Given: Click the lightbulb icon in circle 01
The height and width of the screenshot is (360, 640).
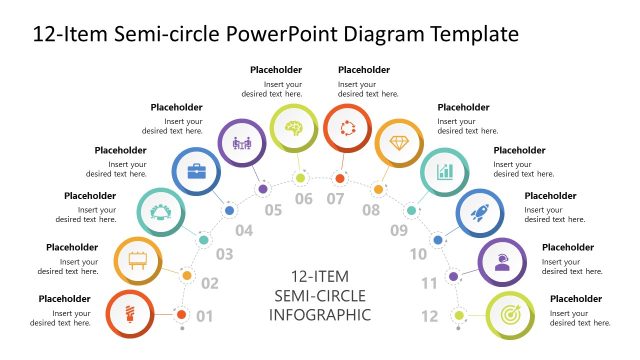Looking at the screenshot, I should [x=129, y=313].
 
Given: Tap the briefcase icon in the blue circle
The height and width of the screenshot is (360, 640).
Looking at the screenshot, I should [x=197, y=171].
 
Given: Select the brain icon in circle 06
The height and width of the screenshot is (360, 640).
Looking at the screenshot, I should [x=294, y=128].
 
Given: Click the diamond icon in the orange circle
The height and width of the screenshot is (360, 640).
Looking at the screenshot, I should [x=398, y=143].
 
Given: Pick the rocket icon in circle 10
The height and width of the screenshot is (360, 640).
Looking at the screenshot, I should [x=478, y=212].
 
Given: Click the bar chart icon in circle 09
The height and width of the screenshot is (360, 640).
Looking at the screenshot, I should [x=443, y=171].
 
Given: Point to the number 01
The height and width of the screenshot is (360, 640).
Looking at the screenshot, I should [x=205, y=317].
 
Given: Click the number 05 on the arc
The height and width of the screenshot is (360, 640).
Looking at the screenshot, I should [x=273, y=210].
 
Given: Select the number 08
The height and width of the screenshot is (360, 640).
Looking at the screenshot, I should [x=370, y=210].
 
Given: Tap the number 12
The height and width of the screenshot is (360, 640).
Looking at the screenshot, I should [x=430, y=317].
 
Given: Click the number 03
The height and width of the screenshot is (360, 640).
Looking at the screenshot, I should [x=225, y=255].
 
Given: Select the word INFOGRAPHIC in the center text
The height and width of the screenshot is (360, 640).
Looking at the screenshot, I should [x=320, y=315].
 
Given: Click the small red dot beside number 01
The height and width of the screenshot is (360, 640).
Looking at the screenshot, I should [x=181, y=315].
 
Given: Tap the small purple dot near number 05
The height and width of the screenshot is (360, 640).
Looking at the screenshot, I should [x=262, y=188].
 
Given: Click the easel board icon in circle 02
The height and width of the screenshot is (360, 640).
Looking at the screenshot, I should [x=138, y=261].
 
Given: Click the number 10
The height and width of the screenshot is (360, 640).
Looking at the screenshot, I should [x=418, y=254].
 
